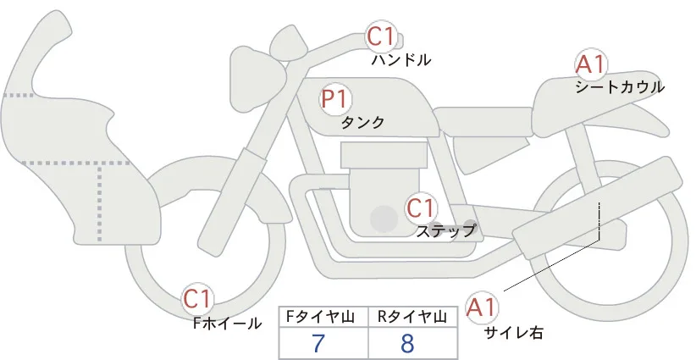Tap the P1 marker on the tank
coord(335,99)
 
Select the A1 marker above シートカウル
coord(591,64)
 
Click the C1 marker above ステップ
coord(421,208)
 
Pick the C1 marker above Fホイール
coord(198,300)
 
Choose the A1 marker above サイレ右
coord(482,307)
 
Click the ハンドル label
coord(401,60)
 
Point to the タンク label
coord(362,123)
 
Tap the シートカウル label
coord(620,87)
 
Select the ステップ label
coord(445,231)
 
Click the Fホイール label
coord(227,324)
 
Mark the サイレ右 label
coord(514,333)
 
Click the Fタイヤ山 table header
coord(320,317)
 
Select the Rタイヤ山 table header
coord(412,317)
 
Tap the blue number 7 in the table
coord(318,343)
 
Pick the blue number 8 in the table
coord(407,343)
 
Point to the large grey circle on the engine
coord(384,219)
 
